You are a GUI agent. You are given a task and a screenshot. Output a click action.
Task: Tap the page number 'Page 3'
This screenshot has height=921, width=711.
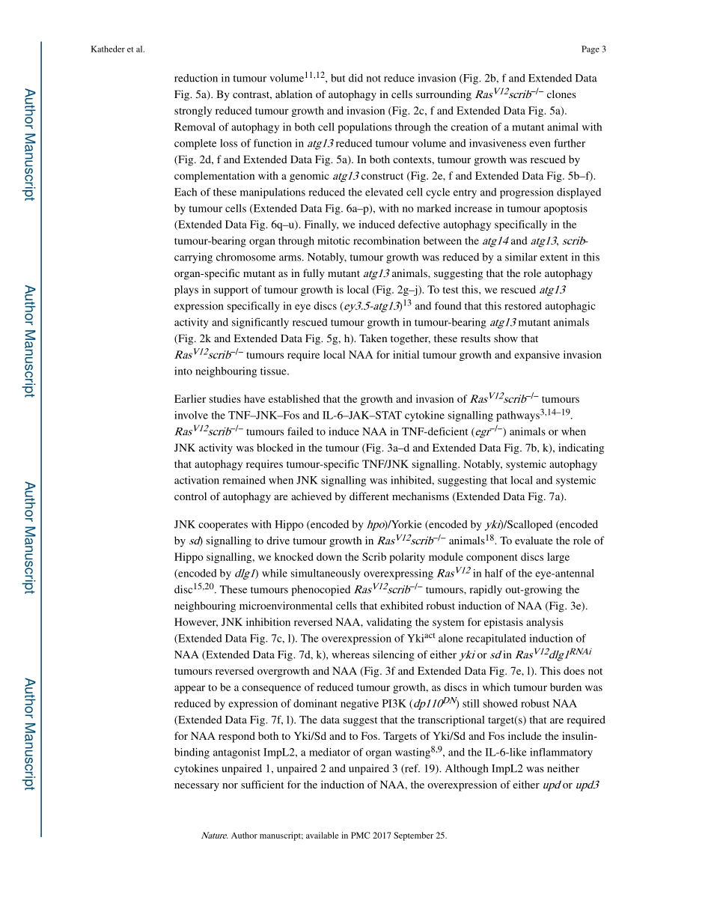pyautogui.click(x=593, y=49)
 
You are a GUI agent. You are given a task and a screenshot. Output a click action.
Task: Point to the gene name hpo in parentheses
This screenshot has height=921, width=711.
pyautogui.click(x=376, y=525)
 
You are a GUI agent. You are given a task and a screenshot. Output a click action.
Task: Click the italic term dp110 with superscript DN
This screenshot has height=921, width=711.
pyautogui.click(x=434, y=703)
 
